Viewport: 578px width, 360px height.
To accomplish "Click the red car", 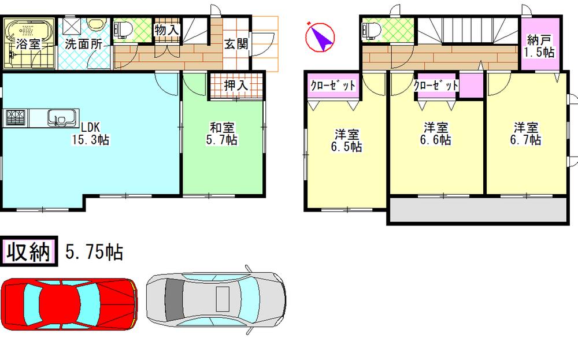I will coord(69,302).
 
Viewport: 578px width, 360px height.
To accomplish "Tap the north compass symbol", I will coord(320,36).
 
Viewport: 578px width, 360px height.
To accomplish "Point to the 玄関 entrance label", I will coord(236,43).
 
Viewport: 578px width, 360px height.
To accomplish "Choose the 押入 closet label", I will coord(236,85).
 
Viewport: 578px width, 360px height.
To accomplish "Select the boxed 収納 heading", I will coord(29,252).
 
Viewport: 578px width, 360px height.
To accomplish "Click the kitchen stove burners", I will coord(16,118).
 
